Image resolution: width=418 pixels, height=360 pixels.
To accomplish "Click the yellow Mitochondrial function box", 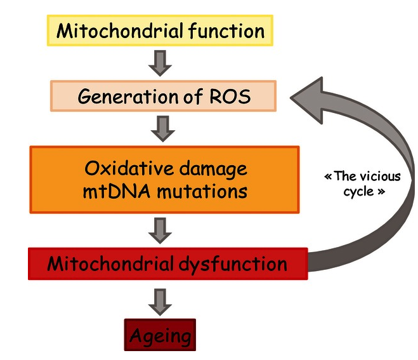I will pos(160,30).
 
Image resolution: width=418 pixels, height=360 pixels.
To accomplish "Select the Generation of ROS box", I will pos(163,97).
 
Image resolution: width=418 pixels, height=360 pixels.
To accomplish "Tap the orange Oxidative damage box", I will pos(164,180).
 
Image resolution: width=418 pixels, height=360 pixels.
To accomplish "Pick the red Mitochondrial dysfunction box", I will pos(167,263).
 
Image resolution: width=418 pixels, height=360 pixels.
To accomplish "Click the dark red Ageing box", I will pos(159,334).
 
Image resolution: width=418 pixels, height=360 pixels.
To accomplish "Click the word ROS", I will pos(232,97).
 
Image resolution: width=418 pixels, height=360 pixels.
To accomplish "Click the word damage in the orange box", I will pos(209,169).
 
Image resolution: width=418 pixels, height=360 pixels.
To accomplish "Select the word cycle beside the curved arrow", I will pos(359,191).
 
